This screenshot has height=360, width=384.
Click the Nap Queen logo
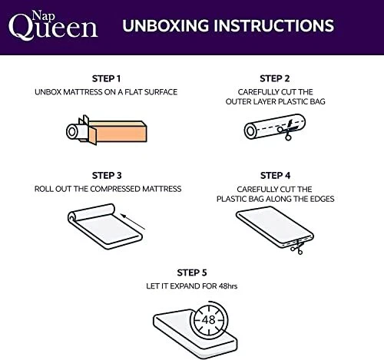(53, 25)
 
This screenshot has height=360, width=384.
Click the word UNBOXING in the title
(166, 25)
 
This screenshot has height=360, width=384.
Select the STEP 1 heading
(106, 78)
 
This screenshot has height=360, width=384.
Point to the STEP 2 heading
(275, 78)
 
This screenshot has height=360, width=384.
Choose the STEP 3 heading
(107, 176)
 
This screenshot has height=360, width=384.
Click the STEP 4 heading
(276, 176)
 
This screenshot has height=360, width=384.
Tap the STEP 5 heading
(192, 272)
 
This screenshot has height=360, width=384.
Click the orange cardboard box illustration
(118, 131)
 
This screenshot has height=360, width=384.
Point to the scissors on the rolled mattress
(287, 130)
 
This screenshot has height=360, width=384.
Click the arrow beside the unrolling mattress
(133, 222)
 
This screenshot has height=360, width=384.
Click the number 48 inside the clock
(208, 320)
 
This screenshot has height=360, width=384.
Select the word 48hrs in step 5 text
(228, 286)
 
